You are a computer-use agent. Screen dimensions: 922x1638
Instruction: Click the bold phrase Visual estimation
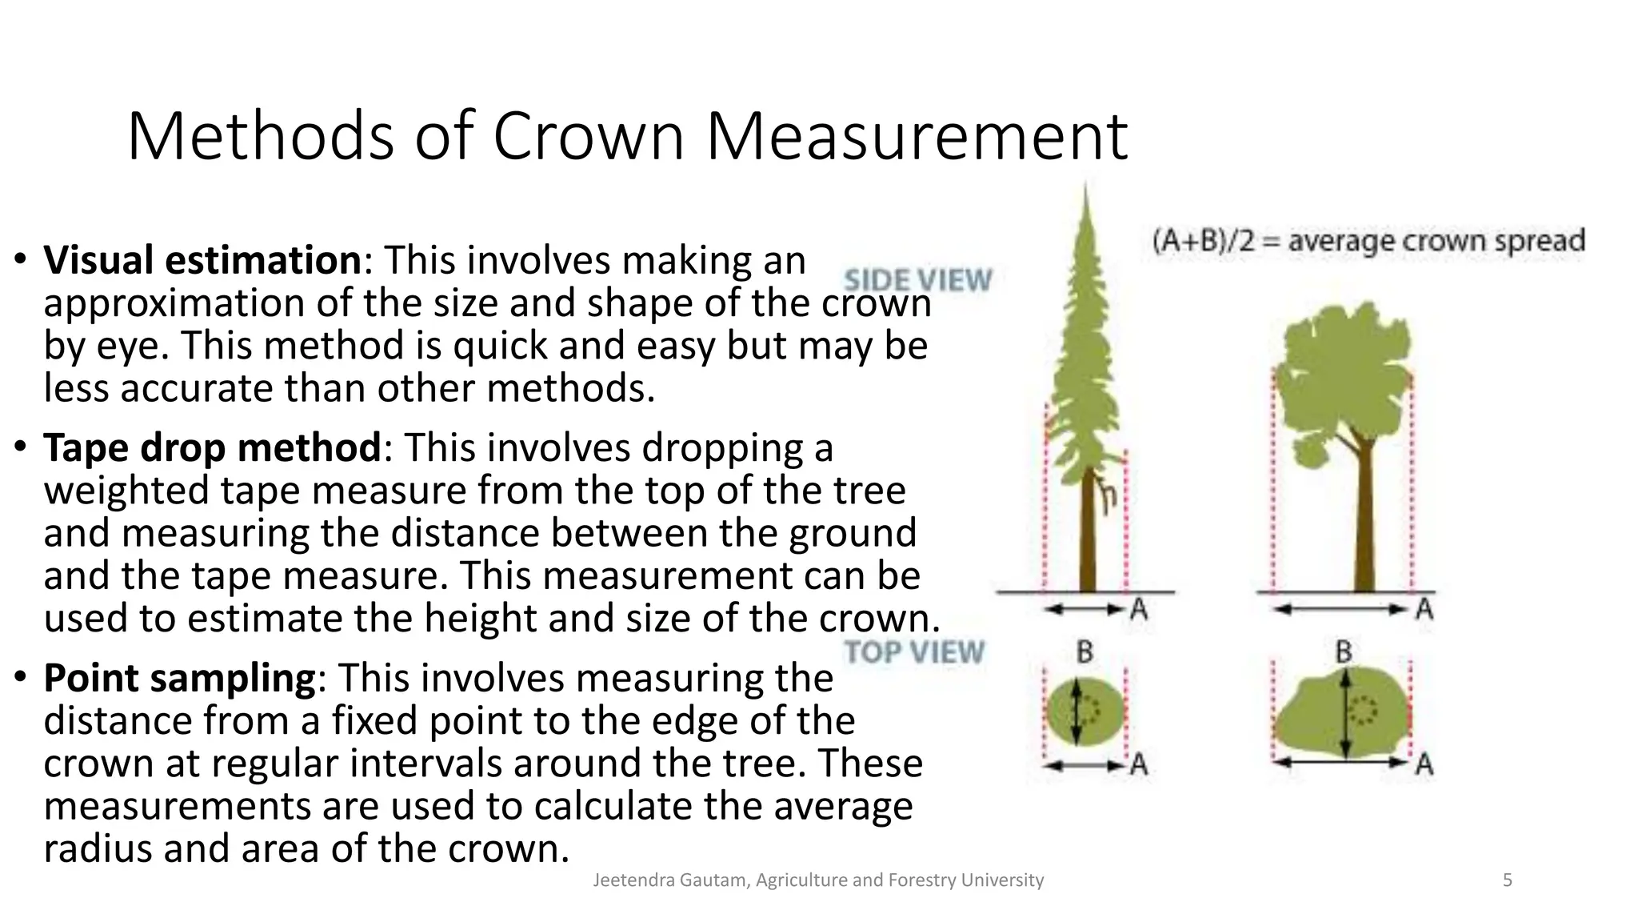[202, 260]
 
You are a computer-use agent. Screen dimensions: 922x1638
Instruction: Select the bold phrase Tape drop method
[212, 447]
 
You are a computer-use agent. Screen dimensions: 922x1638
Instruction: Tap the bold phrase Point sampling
[180, 678]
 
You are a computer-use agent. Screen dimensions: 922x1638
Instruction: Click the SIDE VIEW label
[917, 280]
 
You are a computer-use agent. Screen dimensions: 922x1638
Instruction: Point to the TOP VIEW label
[914, 651]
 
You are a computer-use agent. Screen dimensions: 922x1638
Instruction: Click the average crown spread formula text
[1368, 241]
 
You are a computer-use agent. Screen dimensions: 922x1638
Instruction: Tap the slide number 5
[1508, 880]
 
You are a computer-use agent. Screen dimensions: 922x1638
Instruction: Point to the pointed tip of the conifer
[1085, 196]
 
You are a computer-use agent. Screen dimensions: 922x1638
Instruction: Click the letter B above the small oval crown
[1085, 652]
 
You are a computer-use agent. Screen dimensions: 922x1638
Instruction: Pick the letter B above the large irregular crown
[1344, 651]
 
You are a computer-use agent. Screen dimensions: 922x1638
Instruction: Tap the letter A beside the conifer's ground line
[1139, 610]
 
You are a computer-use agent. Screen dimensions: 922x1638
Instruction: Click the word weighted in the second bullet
[126, 491]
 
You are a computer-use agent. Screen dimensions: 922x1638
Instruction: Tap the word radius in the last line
[97, 848]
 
